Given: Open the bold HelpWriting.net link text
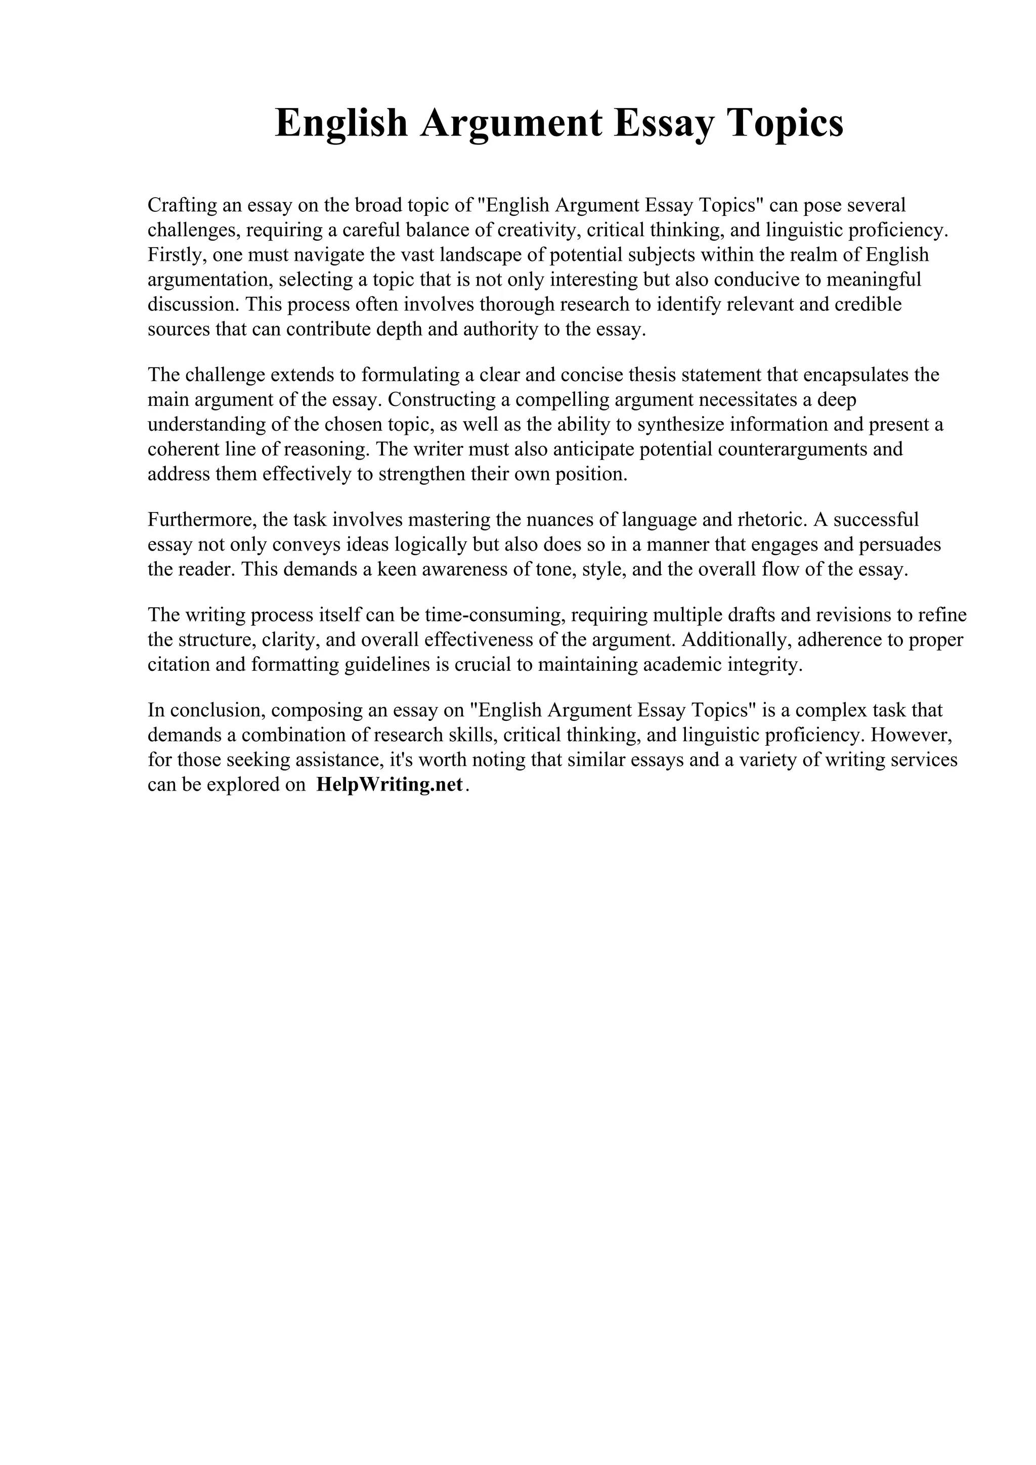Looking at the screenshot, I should point(388,785).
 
